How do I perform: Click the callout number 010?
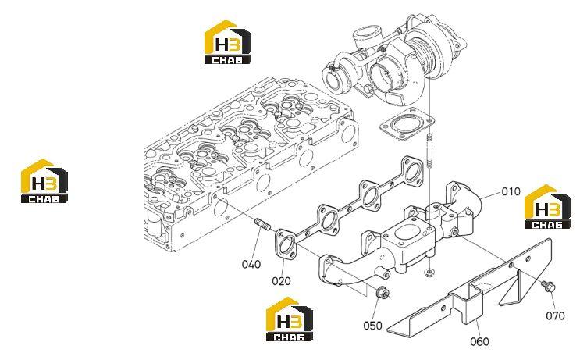point(511,191)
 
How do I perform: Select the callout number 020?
point(281,281)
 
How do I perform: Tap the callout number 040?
point(251,265)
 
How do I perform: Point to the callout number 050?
point(372,326)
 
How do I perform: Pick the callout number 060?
point(479,341)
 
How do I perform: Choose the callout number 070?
point(555,315)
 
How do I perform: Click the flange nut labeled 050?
point(382,293)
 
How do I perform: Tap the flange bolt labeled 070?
point(548,286)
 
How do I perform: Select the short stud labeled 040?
point(262,224)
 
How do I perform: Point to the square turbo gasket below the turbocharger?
point(407,124)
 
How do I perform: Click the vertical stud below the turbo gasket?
point(429,151)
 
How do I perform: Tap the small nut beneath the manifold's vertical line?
point(429,273)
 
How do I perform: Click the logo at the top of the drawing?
point(227,42)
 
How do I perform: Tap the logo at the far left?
point(44,181)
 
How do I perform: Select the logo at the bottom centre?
point(290,319)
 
